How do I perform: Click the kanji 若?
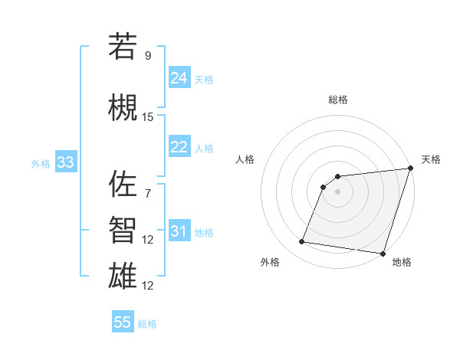(123, 47)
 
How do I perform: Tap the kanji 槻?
(123, 108)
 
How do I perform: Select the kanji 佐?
(123, 184)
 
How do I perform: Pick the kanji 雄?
(123, 277)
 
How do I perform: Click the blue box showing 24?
(179, 78)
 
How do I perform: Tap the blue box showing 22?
(179, 148)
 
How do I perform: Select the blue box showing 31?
(179, 232)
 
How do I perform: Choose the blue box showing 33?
(65, 162)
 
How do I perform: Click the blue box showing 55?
(123, 322)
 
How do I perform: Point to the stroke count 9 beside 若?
(147, 56)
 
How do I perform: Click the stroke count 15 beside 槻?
(148, 117)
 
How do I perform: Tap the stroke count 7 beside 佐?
(147, 193)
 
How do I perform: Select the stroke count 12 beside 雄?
(148, 286)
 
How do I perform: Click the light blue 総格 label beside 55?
(147, 324)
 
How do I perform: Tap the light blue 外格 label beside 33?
(41, 164)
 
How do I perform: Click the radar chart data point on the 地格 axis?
(383, 254)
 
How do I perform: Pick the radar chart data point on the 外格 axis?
(302, 242)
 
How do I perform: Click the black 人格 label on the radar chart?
(245, 159)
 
